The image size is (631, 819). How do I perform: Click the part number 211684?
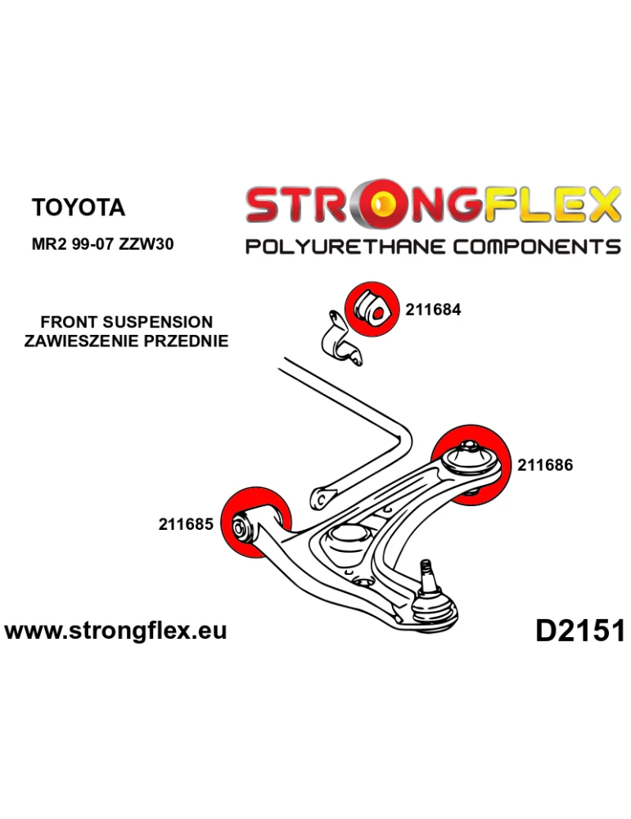pyautogui.click(x=433, y=310)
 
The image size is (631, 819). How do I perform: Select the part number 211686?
pyautogui.click(x=545, y=465)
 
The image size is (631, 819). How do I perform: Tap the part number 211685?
pyautogui.click(x=185, y=523)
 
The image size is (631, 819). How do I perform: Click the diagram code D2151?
pyautogui.click(x=579, y=631)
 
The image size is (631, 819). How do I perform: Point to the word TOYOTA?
pyautogui.click(x=79, y=207)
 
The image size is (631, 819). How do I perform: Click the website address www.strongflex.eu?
pyautogui.click(x=115, y=631)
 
